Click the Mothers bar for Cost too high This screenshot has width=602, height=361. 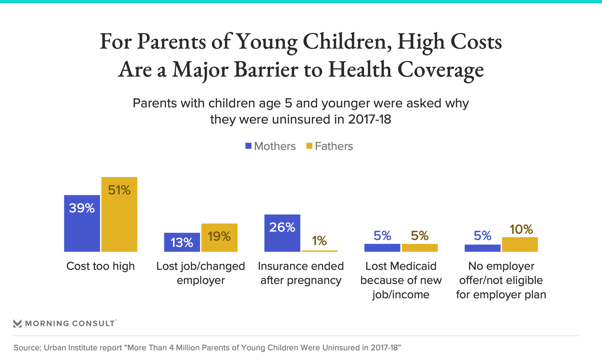pyautogui.click(x=82, y=223)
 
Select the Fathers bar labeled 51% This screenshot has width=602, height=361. pyautogui.click(x=119, y=214)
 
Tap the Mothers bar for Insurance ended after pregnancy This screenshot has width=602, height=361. pyautogui.click(x=282, y=233)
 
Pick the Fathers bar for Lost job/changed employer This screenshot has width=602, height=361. pyautogui.click(x=219, y=238)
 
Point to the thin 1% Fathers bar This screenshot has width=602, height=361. pyautogui.click(x=319, y=251)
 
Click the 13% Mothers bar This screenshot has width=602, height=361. pyautogui.click(x=182, y=242)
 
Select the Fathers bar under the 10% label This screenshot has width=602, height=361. pyautogui.click(x=520, y=244)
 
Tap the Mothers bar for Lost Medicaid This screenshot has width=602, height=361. pyautogui.click(x=382, y=248)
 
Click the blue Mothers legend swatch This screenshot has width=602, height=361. pyautogui.click(x=248, y=146)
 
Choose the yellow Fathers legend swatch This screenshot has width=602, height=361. pyautogui.click(x=309, y=146)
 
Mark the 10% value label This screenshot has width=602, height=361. pyautogui.click(x=521, y=229)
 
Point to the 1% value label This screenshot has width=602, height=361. pyautogui.click(x=319, y=241)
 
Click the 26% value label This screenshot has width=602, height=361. pyautogui.click(x=282, y=227)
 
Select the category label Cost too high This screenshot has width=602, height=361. pyautogui.click(x=100, y=266)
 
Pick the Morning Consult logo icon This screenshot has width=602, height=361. pyautogui.click(x=18, y=323)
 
